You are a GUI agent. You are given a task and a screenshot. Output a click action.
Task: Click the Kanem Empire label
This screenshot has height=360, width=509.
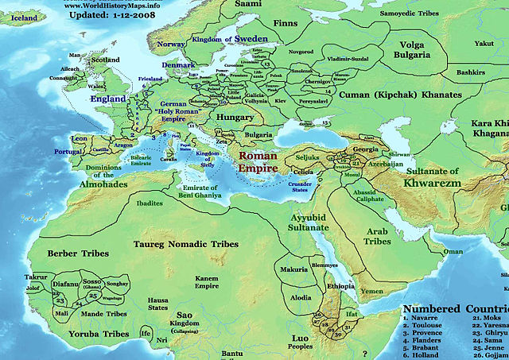pos(206,282)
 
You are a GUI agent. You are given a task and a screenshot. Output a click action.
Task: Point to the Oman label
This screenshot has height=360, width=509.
pos(453,251)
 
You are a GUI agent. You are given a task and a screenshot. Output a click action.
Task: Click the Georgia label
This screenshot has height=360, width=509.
pos(365,149)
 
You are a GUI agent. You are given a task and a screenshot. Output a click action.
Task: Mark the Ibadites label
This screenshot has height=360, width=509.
pos(149,203)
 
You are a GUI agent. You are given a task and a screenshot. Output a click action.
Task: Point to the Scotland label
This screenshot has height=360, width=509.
pos(106,60)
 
